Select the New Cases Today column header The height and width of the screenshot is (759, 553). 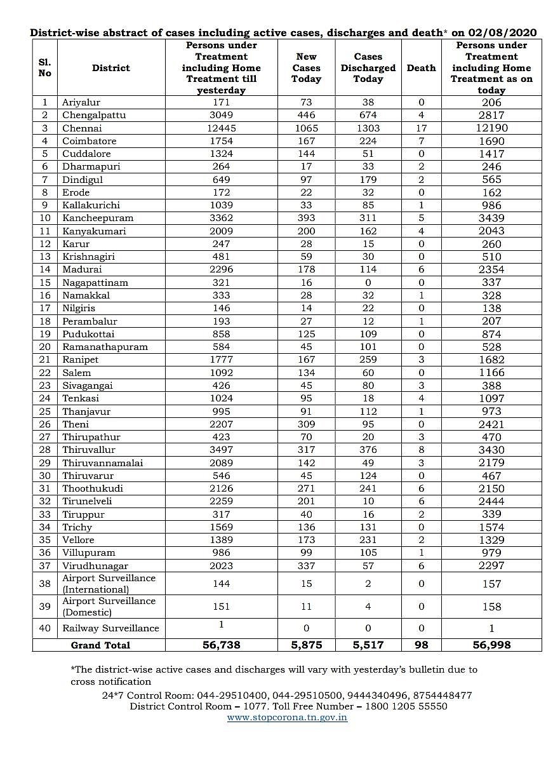(306, 68)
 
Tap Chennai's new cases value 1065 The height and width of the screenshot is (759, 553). (306, 128)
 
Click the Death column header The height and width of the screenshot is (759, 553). (421, 68)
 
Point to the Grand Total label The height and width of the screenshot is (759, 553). (100, 645)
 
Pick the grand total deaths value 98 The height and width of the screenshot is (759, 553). (421, 645)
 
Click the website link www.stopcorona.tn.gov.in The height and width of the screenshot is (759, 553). (287, 718)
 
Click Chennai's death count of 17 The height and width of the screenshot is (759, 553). (421, 128)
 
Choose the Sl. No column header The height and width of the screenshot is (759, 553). (44, 68)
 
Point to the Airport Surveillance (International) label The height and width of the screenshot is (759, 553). (109, 584)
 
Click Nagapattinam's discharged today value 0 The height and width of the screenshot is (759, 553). (368, 282)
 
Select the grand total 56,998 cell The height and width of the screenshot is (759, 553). (491, 645)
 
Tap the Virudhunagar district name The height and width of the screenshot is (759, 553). (95, 565)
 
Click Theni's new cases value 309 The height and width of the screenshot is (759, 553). (306, 424)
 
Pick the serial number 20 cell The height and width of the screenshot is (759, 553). (44, 347)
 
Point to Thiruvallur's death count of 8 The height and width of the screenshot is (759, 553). (421, 450)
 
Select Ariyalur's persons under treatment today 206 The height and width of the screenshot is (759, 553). (491, 102)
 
